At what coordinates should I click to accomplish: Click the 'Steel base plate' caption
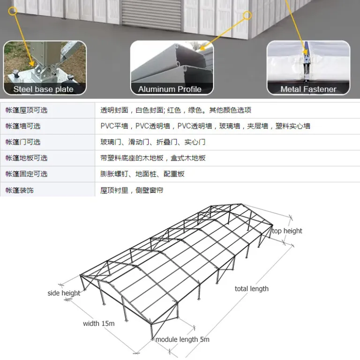(44, 89)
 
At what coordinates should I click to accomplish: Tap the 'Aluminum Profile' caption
(170, 89)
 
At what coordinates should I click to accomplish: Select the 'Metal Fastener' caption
(308, 89)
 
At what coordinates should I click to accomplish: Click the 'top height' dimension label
(287, 231)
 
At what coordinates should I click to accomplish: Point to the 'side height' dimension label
(64, 293)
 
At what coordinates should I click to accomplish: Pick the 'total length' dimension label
(252, 289)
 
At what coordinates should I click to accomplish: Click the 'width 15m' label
(99, 323)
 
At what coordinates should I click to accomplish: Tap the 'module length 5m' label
(182, 339)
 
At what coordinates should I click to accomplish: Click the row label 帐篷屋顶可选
(26, 110)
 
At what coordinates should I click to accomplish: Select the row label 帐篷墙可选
(23, 126)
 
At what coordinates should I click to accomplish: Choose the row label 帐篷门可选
(23, 142)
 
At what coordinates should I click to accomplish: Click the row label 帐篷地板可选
(26, 158)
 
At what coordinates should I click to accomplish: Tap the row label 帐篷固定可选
(26, 174)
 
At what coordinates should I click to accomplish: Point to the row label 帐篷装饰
(20, 190)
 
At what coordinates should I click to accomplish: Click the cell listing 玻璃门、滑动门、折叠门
(153, 142)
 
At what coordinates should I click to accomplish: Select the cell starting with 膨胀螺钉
(142, 174)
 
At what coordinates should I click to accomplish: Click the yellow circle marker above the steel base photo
(13, 11)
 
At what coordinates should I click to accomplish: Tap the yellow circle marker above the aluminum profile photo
(247, 15)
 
